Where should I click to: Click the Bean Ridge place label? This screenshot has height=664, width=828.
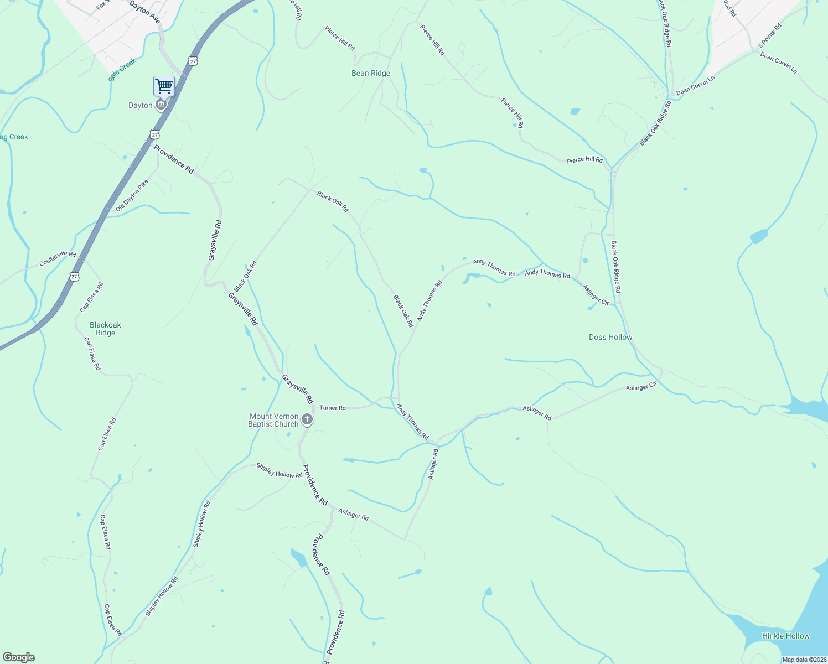371,73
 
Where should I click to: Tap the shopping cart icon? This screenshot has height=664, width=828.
164,86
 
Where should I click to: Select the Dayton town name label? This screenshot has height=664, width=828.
140,105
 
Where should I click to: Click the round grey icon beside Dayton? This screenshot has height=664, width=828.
161,105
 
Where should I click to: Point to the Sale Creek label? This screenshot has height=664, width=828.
122,70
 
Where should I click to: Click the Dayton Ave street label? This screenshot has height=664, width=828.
144,12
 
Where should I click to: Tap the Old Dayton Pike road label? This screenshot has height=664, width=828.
132,196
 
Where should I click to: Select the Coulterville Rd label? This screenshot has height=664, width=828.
58,258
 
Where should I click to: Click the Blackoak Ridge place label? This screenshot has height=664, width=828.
105,329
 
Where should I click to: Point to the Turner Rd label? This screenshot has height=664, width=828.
333,408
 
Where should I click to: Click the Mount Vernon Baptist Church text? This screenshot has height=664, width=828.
274,420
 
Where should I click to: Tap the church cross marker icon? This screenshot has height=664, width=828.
307,420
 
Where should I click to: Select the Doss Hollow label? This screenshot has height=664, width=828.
610,337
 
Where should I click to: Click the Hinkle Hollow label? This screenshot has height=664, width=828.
785,636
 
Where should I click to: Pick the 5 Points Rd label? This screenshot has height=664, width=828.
770,35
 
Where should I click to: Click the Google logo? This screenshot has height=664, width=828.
19,657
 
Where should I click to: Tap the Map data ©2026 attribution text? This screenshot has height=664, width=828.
804,660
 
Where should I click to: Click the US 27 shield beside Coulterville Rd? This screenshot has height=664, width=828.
74,276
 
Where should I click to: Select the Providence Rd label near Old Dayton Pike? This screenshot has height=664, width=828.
174,159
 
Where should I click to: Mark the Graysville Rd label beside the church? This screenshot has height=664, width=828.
297,388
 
